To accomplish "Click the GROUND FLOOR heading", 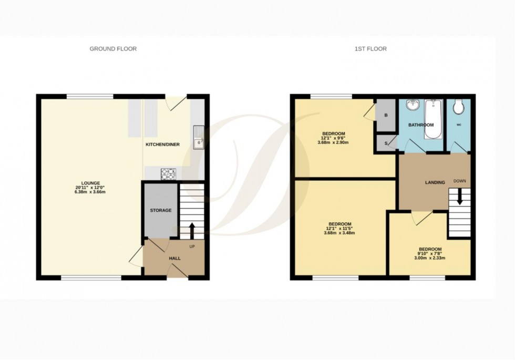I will tap(113, 49).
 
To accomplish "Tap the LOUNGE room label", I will tap(91, 183).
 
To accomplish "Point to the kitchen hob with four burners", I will tap(169, 172).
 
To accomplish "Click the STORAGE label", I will tap(161, 210).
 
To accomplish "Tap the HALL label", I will tap(174, 259).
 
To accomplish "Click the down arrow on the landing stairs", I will tap(459, 198).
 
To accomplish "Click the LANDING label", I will tap(435, 182).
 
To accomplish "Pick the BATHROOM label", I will tap(421, 125).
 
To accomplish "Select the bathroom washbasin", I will tap(414, 105).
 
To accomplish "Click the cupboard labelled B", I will tap(385, 115).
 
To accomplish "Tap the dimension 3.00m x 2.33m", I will tap(430, 258).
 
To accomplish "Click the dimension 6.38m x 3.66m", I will tap(91, 192).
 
